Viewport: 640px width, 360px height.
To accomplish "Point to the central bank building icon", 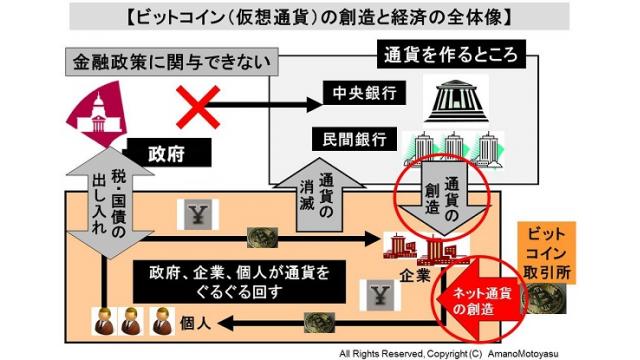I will point(453,96).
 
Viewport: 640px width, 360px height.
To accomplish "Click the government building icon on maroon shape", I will point(100,119).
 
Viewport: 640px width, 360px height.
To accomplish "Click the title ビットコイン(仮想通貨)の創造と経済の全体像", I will point(321,17).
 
